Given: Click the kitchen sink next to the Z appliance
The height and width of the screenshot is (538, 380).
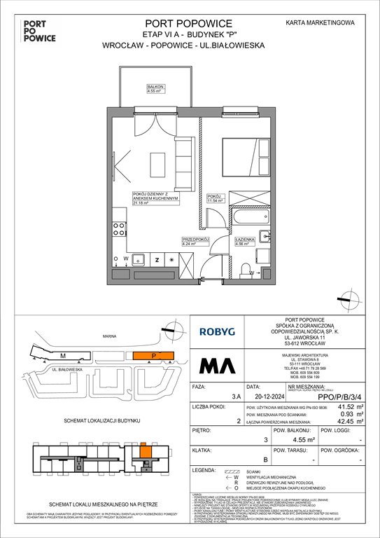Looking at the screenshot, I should (x=138, y=258).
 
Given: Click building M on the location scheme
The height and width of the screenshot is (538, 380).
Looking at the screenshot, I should (x=63, y=356).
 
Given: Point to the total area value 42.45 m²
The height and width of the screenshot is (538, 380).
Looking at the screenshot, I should (x=358, y=421).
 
